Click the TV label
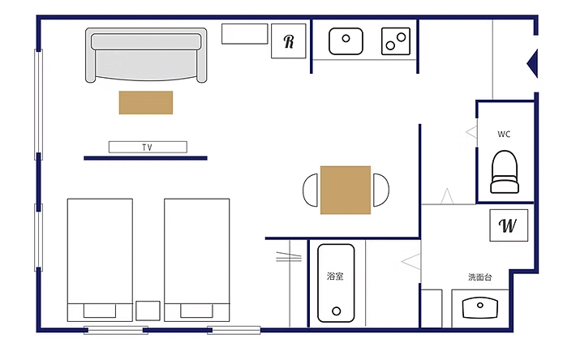(147, 147)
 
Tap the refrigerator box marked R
(288, 41)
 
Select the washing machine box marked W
(509, 225)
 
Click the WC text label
(504, 135)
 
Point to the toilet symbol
(505, 172)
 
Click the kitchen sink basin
(346, 41)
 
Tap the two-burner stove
(396, 41)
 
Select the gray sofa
(146, 55)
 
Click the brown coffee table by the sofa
(146, 103)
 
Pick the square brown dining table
(346, 190)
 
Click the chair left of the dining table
(310, 190)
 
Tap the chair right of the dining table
(381, 190)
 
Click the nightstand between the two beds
(148, 311)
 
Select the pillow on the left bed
(100, 311)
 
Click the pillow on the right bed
(197, 311)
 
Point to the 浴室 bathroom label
(335, 276)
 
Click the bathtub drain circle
(337, 311)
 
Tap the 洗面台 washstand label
(480, 277)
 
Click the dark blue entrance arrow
(533, 63)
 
